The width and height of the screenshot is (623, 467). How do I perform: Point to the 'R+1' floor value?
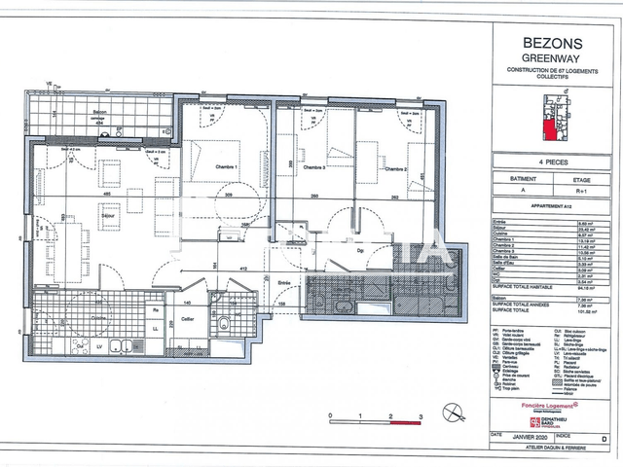pyautogui.click(x=582, y=193)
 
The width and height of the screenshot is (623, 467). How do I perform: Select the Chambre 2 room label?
pyautogui.click(x=393, y=168)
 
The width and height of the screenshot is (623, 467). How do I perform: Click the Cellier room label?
pyautogui.click(x=189, y=318)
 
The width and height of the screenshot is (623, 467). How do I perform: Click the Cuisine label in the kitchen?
pyautogui.click(x=98, y=317)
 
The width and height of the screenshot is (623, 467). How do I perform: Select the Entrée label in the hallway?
pyautogui.click(x=284, y=283)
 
